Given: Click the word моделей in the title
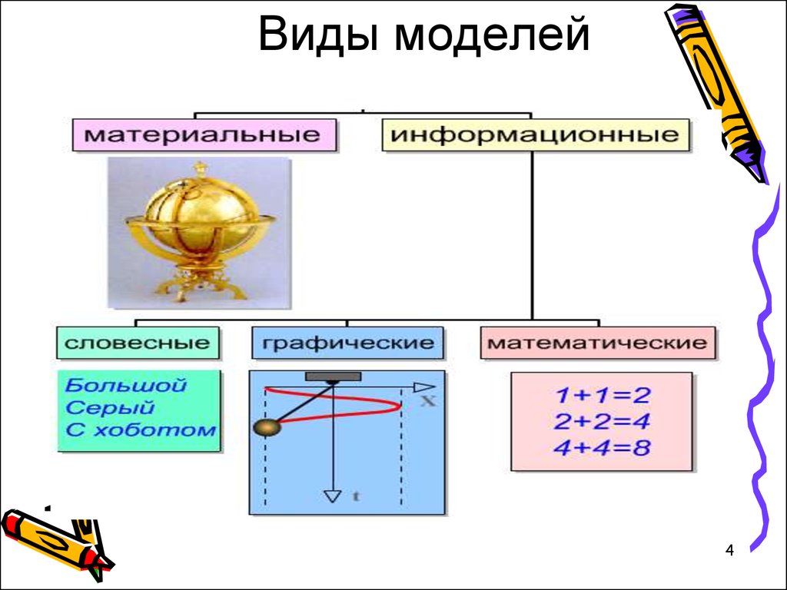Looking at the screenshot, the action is click(492, 36).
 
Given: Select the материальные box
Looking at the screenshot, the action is click(204, 135).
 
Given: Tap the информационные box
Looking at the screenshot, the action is click(536, 135).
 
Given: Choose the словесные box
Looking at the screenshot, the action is click(138, 343).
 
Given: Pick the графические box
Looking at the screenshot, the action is click(348, 343).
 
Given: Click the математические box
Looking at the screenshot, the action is click(598, 343).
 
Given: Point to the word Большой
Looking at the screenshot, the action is click(125, 386).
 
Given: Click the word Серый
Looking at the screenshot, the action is click(110, 407).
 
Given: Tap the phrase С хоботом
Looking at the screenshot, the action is click(141, 430).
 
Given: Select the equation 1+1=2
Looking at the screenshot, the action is click(603, 396).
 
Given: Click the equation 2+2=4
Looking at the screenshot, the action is click(603, 421).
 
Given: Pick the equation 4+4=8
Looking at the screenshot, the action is click(603, 447).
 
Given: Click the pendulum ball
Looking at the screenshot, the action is click(267, 427).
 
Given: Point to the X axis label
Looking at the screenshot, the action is click(427, 401).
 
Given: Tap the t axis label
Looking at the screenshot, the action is click(356, 496).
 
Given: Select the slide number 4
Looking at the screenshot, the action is click(729, 550).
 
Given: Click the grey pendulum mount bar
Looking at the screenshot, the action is click(334, 376).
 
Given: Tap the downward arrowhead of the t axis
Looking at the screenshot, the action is click(332, 496).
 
